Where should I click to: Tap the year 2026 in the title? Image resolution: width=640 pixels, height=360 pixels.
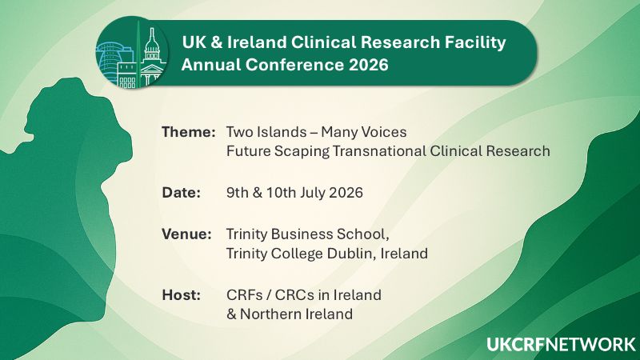coord(365,66)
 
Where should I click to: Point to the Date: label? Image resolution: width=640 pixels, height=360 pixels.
coord(182,194)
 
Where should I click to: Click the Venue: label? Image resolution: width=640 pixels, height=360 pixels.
coord(186,234)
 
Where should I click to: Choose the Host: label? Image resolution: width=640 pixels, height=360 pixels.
coord(181,295)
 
